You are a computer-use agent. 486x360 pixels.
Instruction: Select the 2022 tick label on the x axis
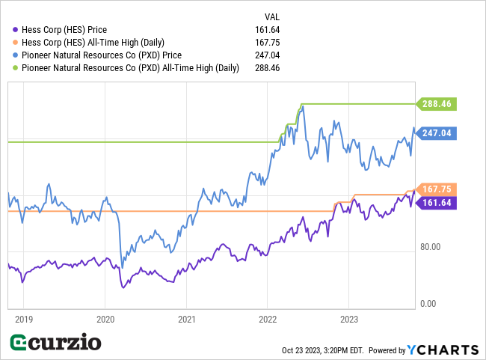coord(268,317)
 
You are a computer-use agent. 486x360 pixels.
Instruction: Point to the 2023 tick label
coord(349,317)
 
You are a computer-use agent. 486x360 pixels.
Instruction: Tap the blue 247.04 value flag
coord(439,133)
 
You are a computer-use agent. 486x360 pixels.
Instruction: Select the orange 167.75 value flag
coord(439,189)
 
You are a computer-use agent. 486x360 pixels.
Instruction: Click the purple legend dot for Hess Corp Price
coord(15,30)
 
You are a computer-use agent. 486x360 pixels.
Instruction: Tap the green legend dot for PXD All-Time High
coord(15,68)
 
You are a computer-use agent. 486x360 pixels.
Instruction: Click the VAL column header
coord(272,16)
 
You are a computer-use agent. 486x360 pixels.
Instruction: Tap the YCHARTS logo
coord(443,350)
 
